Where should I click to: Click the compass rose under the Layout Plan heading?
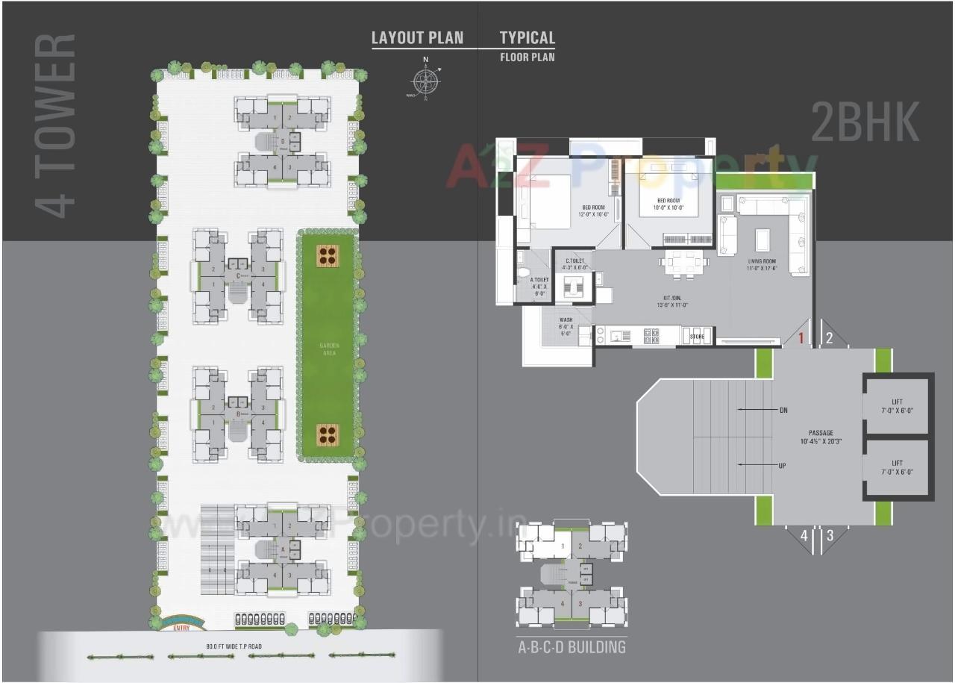point(426,81)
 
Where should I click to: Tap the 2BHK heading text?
point(865,123)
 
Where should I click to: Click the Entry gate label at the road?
point(182,629)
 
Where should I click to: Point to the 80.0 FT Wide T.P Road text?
point(234,646)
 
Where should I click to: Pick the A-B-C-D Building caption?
point(572,646)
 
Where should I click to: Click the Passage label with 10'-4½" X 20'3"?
point(820,437)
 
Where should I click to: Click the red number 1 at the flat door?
point(801,337)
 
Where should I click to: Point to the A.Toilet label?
point(539,286)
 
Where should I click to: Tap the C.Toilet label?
point(575,263)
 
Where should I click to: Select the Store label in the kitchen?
point(697,337)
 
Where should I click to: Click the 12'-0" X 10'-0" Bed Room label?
point(595,210)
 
